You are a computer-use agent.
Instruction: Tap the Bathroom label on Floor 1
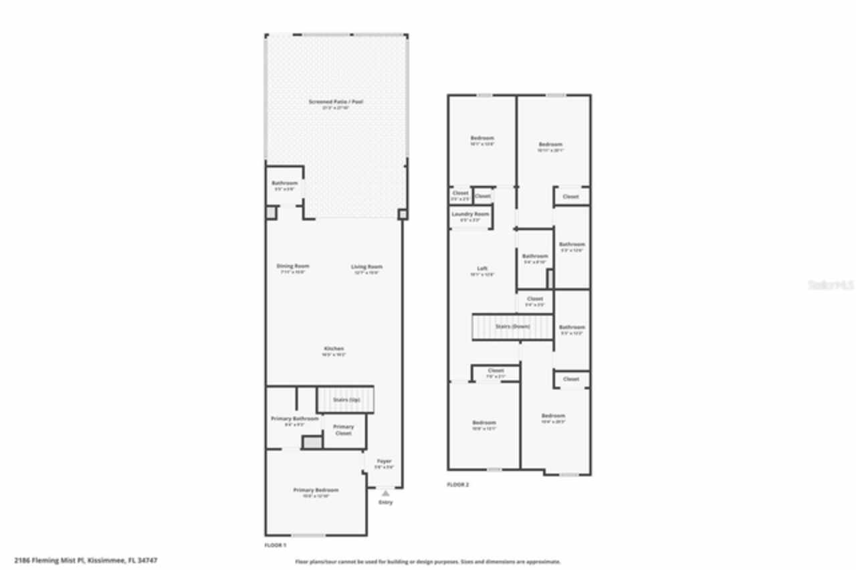284,183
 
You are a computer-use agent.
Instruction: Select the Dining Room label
293,266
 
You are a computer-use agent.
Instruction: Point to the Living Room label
366,267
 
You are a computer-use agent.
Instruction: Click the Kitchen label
334,349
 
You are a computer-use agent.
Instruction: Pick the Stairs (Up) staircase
345,400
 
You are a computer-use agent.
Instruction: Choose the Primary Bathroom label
294,419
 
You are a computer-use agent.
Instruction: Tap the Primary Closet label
343,430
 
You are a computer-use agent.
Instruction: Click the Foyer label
384,461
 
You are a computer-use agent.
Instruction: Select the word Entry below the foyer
386,502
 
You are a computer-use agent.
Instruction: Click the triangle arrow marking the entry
386,493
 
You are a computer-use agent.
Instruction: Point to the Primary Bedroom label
316,490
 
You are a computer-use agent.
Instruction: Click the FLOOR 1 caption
276,545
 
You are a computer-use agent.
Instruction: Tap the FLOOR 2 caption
458,484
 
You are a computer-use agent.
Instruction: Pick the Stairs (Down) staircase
512,326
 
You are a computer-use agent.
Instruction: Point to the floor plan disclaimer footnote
428,562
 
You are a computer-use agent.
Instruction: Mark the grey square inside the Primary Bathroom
311,442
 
